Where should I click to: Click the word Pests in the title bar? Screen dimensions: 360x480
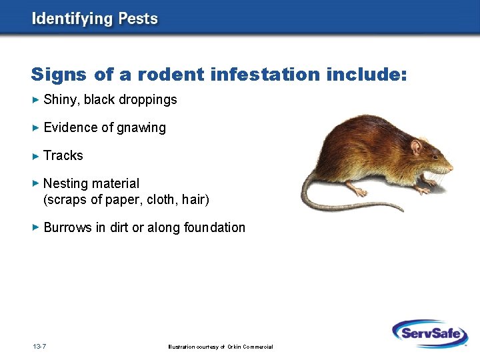138,18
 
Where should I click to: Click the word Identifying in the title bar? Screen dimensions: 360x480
73,19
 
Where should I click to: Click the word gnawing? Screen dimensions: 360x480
141,127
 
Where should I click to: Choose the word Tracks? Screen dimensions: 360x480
63,155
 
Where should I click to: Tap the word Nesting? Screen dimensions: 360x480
65,183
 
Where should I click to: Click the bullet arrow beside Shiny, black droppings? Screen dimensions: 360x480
36,100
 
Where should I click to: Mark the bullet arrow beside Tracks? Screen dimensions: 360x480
36,155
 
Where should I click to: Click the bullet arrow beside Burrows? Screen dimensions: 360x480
36,227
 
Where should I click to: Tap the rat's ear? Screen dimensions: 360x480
417,146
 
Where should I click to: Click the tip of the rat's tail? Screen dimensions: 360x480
403,211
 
